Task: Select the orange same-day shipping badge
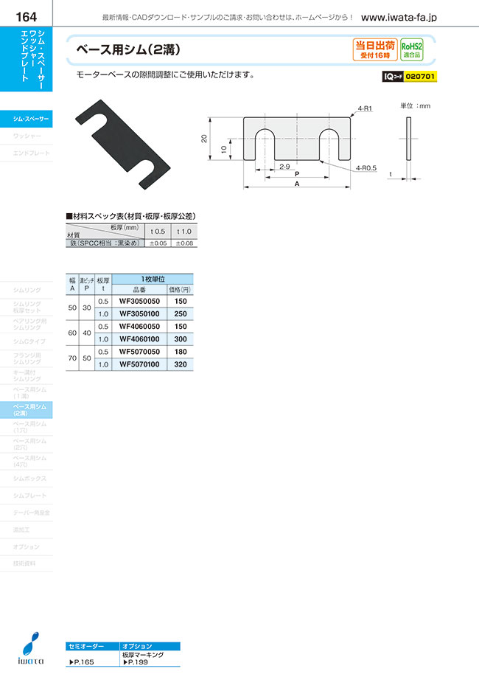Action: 374,49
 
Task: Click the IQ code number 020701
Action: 421,76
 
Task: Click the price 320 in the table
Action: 179,364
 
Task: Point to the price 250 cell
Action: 179,313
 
